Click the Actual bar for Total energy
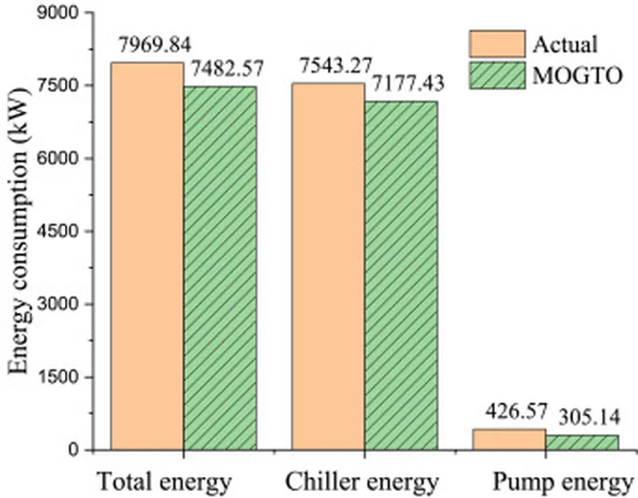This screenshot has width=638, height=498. (147, 256)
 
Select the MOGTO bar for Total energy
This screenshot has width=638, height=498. (219, 268)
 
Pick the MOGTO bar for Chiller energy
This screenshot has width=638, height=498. (401, 275)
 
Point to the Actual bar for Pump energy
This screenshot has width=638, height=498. (510, 439)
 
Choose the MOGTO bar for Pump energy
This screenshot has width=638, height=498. (582, 442)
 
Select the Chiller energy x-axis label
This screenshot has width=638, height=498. (362, 482)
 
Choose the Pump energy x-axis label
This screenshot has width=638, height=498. (561, 482)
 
